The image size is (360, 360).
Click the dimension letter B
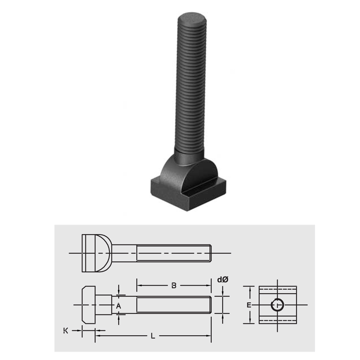coord(174,286)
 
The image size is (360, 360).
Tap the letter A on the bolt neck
coord(118,305)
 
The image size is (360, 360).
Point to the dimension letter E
coord(248,305)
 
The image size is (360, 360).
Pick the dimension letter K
coord(65,330)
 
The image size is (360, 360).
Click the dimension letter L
coord(153,336)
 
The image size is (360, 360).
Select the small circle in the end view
coord(277,305)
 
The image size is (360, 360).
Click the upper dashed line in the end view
coord(277,289)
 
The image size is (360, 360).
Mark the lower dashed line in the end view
coord(277,320)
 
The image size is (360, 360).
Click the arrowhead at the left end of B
coord(139,286)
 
